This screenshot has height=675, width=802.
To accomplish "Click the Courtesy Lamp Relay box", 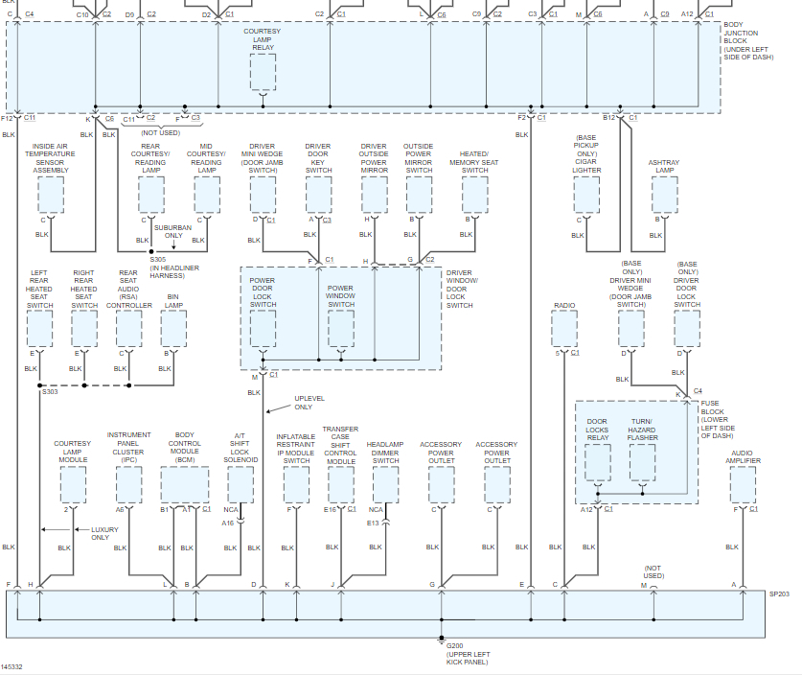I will (x=263, y=72).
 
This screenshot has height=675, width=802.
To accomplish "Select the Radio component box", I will (x=564, y=329).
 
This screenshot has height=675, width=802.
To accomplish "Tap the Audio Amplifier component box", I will (x=741, y=484).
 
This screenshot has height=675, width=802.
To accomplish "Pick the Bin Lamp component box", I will (x=173, y=329).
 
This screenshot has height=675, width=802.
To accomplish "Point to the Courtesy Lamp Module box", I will (x=73, y=484).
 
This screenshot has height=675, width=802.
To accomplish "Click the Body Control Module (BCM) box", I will (x=185, y=484).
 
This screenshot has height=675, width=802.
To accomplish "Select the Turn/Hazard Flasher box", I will (x=643, y=462).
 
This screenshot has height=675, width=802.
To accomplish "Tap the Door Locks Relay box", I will (x=597, y=462).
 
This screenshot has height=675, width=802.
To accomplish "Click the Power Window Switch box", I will (x=341, y=329).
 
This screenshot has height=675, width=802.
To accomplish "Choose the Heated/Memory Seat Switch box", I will (x=474, y=195).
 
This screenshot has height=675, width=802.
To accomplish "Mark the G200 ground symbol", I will (x=442, y=640).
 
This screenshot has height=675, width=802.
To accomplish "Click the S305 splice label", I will (x=158, y=259).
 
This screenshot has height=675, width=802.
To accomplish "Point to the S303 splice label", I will (x=49, y=392).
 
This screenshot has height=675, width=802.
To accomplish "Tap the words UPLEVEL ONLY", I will (x=310, y=402).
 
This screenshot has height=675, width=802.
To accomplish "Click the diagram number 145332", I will (x=12, y=666).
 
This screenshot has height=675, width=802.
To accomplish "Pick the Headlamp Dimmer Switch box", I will (x=385, y=484).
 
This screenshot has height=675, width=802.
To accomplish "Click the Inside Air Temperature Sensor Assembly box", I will (x=51, y=195).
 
